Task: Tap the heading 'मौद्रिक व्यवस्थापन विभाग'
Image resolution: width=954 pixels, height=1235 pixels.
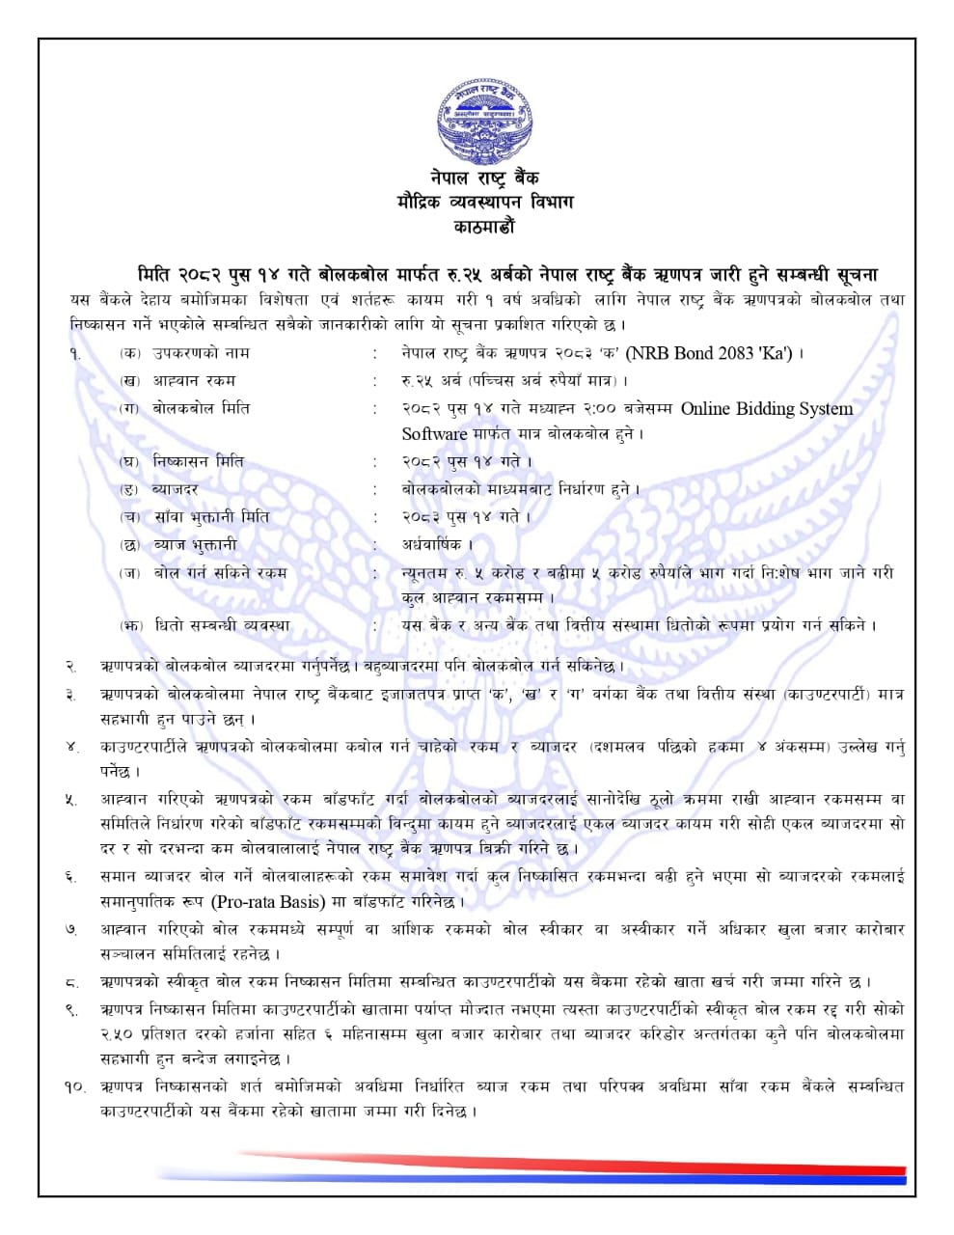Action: [484, 202]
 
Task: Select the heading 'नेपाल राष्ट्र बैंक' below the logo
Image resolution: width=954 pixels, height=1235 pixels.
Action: [484, 178]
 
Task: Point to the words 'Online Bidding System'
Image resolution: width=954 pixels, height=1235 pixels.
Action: [767, 408]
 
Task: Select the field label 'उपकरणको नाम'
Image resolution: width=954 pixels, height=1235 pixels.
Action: [201, 353]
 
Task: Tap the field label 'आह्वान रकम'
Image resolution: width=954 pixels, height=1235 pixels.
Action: [193, 380]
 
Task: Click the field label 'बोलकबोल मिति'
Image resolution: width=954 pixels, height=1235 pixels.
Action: [201, 408]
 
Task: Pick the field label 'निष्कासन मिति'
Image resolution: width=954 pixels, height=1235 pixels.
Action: [199, 461]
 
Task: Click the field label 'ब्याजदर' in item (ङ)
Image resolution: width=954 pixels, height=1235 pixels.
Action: [176, 489]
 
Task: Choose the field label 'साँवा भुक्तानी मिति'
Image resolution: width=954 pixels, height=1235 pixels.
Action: [211, 517]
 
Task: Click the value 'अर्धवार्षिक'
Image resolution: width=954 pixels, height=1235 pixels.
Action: [432, 545]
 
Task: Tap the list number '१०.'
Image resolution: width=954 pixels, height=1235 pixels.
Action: [74, 1086]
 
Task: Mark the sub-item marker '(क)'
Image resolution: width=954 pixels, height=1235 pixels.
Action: [130, 353]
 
